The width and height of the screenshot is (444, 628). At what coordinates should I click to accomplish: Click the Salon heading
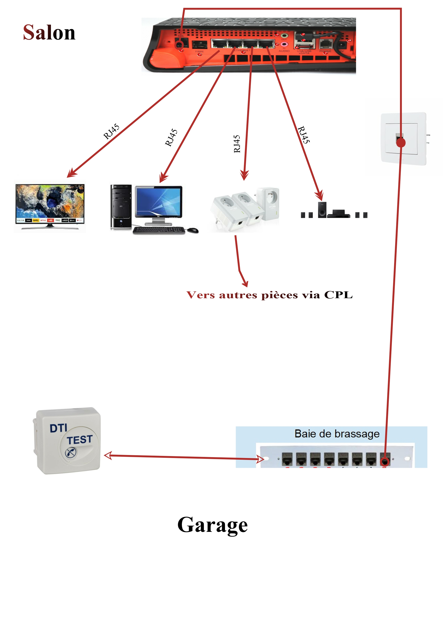pos(49,32)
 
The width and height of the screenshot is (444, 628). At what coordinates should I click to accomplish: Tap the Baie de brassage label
pos(337,434)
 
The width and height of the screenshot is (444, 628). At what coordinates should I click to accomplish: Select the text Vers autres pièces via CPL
pos(270,295)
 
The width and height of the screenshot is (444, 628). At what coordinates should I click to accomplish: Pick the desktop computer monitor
pos(159,202)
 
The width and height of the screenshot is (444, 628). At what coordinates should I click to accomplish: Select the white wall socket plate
pos(403,138)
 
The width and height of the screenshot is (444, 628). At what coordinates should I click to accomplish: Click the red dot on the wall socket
pos(401,142)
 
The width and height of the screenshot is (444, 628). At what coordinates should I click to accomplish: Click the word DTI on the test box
pos(58,428)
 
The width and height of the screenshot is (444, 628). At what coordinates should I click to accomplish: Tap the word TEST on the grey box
pos(80,440)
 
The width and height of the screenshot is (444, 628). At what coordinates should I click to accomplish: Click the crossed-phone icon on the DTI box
pos(71,452)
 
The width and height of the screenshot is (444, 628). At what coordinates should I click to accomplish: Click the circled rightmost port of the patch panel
pos(385,461)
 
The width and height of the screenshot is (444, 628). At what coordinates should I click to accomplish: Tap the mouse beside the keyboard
pos(193,230)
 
